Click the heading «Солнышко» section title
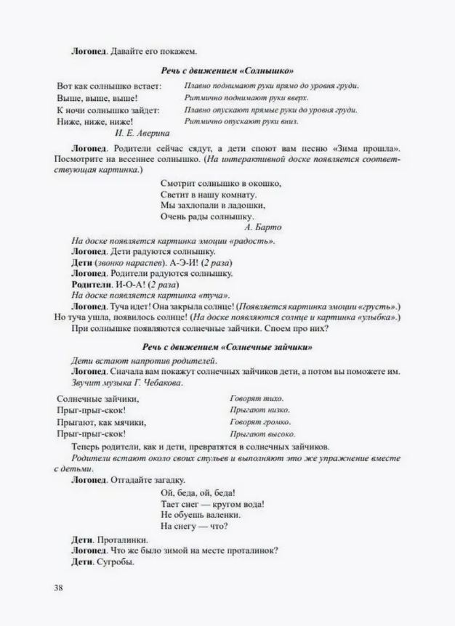tap(227, 70)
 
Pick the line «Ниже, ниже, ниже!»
tap(95, 121)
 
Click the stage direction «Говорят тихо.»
tap(257, 399)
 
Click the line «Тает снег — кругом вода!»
tap(212, 503)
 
